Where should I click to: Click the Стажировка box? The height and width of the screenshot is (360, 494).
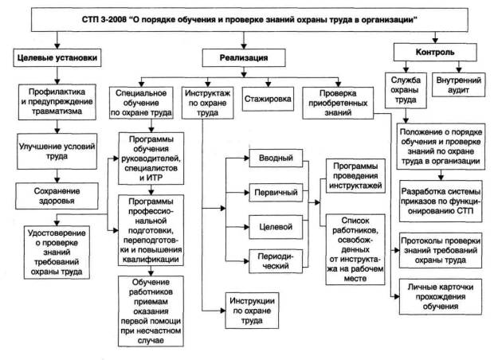pos(269,100)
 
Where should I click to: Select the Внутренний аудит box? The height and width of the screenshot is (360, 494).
pos(457,84)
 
